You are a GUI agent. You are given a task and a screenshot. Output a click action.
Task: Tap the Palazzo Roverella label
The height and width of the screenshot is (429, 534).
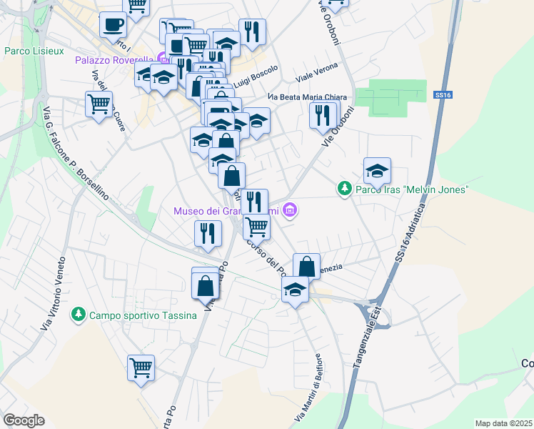click(x=114, y=59)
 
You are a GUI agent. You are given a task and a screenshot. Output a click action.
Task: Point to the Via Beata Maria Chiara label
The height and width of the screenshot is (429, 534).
click(x=307, y=97)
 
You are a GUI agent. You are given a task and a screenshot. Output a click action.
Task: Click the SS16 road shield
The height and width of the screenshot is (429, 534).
click(x=443, y=94)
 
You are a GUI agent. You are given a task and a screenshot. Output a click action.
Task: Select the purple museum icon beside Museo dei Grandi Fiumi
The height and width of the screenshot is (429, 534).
click(x=289, y=210)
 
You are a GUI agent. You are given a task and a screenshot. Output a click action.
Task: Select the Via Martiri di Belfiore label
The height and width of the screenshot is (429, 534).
click(x=308, y=386)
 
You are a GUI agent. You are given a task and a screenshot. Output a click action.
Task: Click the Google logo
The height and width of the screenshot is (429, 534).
click(x=24, y=420)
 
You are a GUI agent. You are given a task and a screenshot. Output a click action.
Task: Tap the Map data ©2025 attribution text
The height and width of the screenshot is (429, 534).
click(x=503, y=423)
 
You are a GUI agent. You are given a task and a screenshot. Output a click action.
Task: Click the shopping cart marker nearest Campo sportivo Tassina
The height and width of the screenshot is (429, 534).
click(x=141, y=368)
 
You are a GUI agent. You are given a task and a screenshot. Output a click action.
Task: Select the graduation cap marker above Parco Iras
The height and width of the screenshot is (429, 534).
click(x=377, y=170)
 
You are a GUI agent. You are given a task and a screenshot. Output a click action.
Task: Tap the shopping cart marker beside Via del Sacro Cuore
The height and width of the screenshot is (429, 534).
click(x=99, y=104)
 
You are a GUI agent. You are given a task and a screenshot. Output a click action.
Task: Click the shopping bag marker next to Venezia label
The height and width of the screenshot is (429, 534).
click(x=306, y=266)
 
